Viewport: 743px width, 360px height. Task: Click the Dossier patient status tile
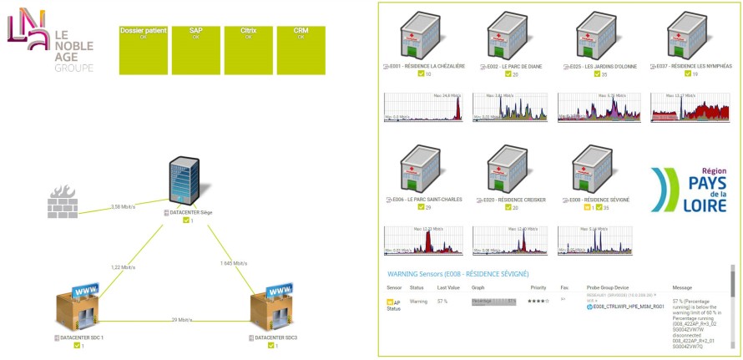[x=144, y=49]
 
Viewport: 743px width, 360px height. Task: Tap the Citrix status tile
[x=248, y=49]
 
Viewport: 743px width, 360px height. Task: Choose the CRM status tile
[x=301, y=49]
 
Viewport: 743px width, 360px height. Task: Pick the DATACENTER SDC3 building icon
[x=275, y=310]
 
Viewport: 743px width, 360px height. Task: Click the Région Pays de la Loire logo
[x=690, y=189]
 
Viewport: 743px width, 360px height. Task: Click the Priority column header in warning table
[x=538, y=287]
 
